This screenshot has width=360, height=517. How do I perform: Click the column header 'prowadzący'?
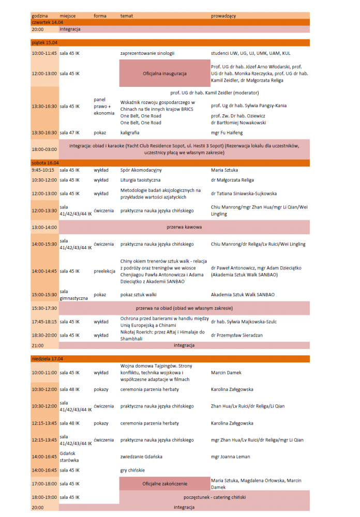coord(223,16)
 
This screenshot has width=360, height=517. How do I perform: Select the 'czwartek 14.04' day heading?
coord(47,22)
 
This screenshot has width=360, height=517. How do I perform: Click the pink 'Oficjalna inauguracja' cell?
coord(164,73)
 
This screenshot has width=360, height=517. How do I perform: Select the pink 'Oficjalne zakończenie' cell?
coord(164,484)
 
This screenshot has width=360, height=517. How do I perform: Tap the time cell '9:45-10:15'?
coord(43,170)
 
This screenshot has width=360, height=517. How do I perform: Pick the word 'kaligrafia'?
coord(130,133)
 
